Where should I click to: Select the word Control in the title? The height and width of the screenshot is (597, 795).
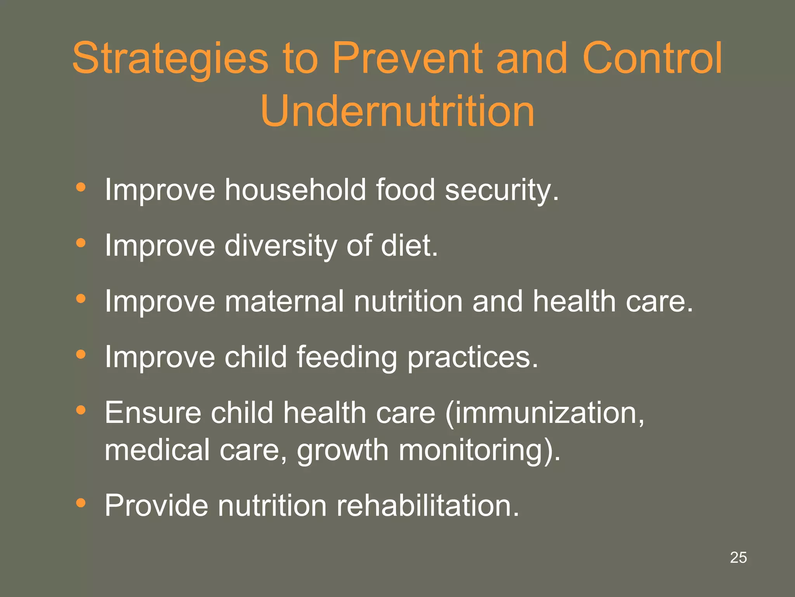tap(652, 58)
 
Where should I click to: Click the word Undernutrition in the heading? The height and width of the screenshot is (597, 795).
tap(397, 112)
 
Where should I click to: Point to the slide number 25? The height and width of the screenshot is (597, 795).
tap(738, 557)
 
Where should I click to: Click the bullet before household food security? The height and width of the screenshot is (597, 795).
tap(81, 188)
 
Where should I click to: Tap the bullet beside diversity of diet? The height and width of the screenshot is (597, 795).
tap(81, 243)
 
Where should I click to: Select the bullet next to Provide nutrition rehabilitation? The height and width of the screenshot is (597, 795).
tap(81, 503)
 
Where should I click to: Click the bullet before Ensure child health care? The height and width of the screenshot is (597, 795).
tap(81, 410)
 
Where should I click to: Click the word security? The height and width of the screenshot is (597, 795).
tap(501, 190)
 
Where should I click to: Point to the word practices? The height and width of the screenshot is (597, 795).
tap(472, 358)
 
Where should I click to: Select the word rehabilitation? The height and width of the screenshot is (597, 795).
tap(427, 505)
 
